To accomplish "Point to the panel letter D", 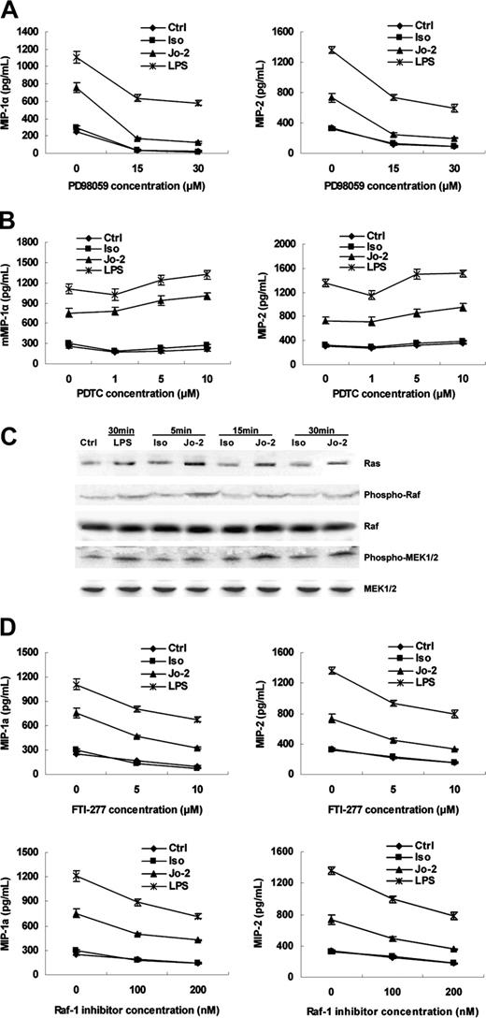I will pyautogui.click(x=11, y=643).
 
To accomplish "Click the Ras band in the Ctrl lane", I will pyautogui.click(x=90, y=462).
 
